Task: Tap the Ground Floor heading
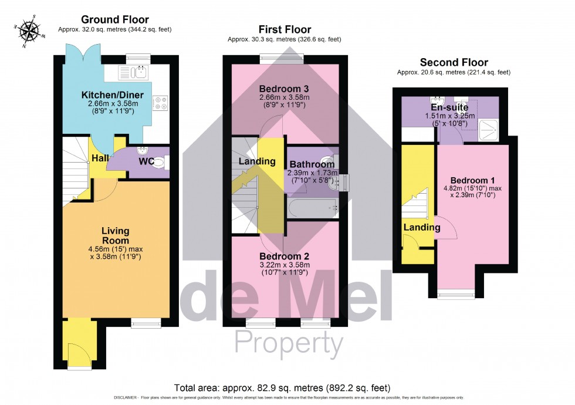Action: [x=114, y=20]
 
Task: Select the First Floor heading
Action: [x=285, y=29]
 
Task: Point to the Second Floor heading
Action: [x=454, y=62]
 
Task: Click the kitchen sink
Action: [x=134, y=72]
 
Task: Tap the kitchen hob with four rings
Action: [x=160, y=103]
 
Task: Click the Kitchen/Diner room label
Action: [x=110, y=95]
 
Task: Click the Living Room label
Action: [x=115, y=235]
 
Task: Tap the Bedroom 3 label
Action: [x=285, y=89]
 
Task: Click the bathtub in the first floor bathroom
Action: [x=312, y=207]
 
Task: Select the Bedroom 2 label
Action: [x=285, y=256]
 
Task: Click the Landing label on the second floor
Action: [x=421, y=227]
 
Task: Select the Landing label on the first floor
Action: [x=256, y=161]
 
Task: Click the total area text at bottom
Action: [x=282, y=388]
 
